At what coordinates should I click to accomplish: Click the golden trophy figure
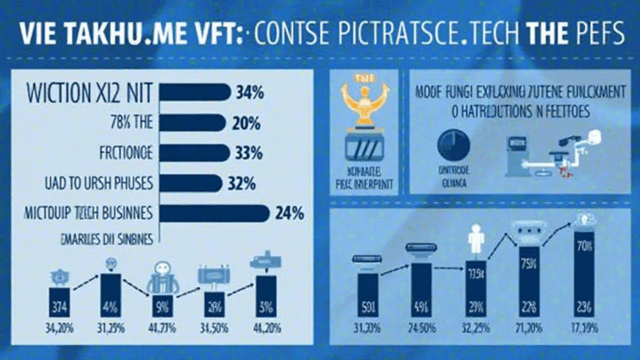pos(363,109)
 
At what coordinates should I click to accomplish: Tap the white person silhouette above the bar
pos(477,242)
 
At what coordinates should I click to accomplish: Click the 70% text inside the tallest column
pos(583,247)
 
